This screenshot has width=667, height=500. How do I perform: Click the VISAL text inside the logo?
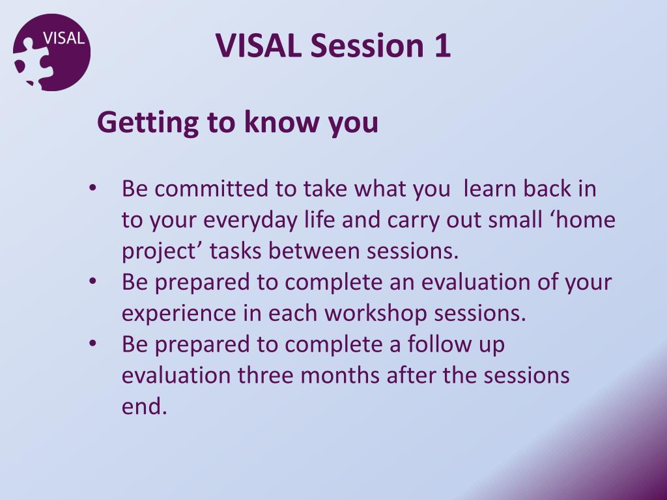(x=64, y=38)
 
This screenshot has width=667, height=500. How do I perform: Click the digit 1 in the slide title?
(x=442, y=46)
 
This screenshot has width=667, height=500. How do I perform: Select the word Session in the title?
(x=367, y=45)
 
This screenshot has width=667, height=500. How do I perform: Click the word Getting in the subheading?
(x=148, y=122)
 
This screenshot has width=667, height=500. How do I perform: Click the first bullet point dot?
(x=92, y=188)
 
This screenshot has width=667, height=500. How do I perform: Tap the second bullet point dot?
(x=92, y=281)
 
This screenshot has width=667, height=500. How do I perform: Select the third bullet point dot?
(x=92, y=344)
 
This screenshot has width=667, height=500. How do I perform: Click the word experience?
(x=178, y=314)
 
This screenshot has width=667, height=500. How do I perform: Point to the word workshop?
(x=375, y=313)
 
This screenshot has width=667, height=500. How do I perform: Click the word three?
(x=266, y=375)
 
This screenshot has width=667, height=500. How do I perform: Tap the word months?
(x=340, y=375)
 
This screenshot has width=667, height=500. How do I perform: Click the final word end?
(x=144, y=406)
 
